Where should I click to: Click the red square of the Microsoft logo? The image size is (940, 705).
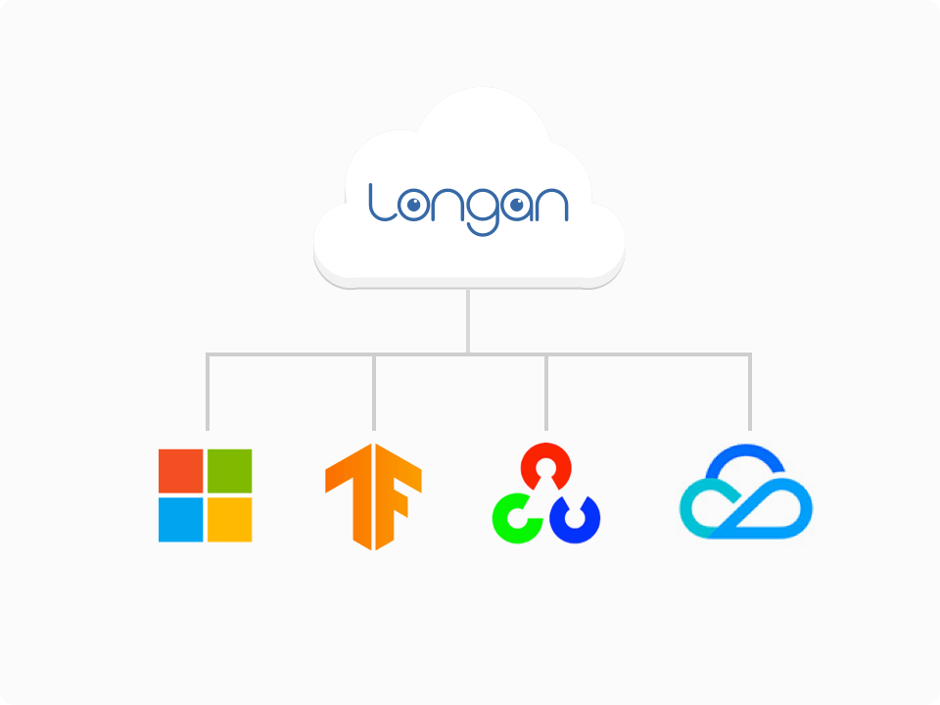[x=180, y=471]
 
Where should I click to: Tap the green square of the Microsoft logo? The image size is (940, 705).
[x=229, y=471]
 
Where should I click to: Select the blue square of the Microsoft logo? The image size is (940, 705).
[x=180, y=520]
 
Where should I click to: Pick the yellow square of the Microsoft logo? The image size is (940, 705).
[x=229, y=520]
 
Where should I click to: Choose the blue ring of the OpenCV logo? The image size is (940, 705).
[x=590, y=522]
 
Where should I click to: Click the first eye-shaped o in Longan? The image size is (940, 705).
[x=413, y=206]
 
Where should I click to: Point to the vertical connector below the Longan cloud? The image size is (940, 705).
[x=468, y=321]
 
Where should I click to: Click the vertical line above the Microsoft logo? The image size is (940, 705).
[x=208, y=392]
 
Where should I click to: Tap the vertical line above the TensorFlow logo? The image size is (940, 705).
[x=374, y=392]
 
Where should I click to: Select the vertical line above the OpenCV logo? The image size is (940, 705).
[x=546, y=392]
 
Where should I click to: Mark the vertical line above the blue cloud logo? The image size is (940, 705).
[x=750, y=392]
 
